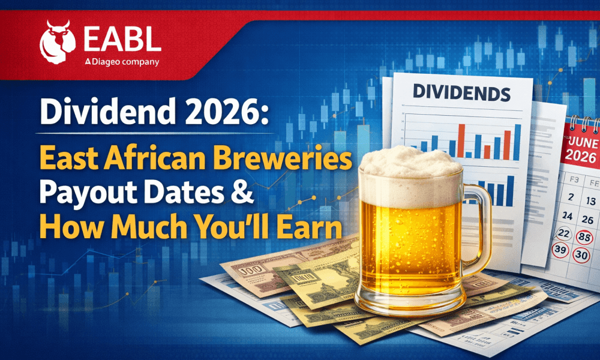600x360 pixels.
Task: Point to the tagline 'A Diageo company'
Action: (x=122, y=62)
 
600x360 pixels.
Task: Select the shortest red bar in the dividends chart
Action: (x=487, y=152)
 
